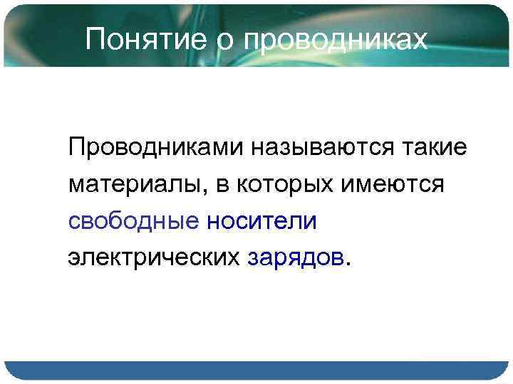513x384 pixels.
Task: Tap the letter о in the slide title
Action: click(x=225, y=41)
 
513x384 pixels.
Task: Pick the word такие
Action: click(x=437, y=147)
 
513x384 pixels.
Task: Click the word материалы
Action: click(x=137, y=185)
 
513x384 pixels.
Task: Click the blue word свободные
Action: click(x=134, y=221)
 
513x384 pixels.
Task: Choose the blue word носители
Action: click(x=261, y=221)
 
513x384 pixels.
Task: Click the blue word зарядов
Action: click(x=296, y=258)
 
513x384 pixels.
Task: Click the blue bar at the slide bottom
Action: click(x=256, y=370)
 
